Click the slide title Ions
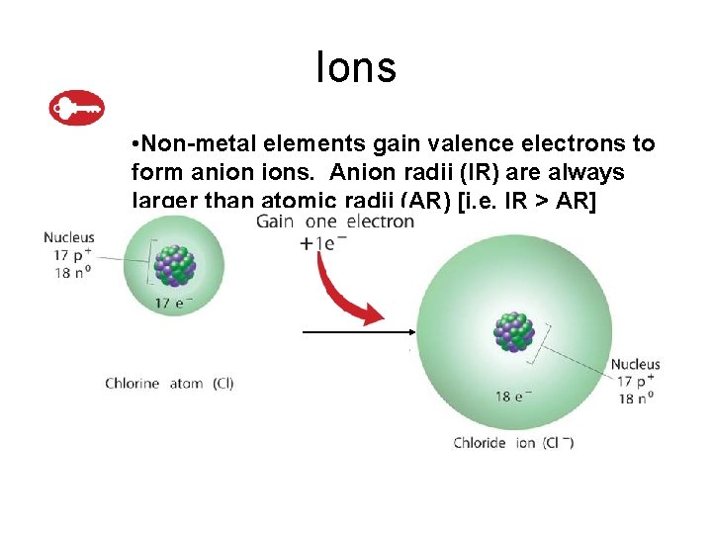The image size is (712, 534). click(x=356, y=67)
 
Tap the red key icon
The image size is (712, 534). click(x=77, y=108)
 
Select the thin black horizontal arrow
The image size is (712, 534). click(x=356, y=333)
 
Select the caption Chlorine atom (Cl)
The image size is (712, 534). click(x=169, y=384)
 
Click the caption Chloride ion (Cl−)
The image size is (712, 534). click(x=513, y=443)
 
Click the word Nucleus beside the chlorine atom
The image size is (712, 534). click(x=69, y=237)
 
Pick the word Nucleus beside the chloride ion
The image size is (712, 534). click(x=635, y=365)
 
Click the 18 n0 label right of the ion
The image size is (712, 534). click(x=635, y=400)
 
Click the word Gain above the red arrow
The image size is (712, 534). click(x=277, y=222)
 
